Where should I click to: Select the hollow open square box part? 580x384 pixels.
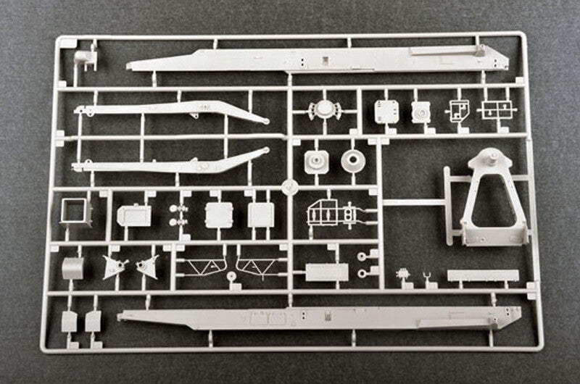75,212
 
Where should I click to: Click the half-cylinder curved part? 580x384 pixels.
73,267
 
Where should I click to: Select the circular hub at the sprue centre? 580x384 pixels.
289,185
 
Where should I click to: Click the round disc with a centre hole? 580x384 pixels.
353,160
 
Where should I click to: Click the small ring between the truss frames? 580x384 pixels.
231,276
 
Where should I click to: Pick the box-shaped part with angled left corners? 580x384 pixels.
134,215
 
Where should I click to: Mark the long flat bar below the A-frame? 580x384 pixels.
483,276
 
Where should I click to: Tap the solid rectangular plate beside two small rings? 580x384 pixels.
326,272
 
